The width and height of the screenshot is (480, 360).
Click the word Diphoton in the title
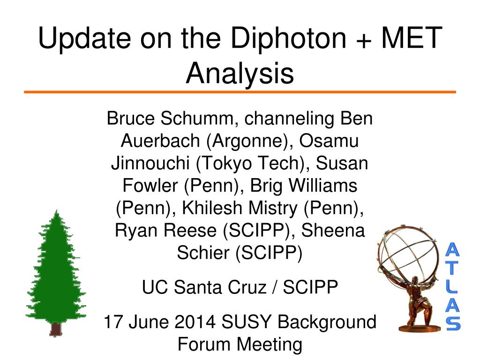click(x=288, y=38)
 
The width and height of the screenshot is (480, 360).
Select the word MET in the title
click(x=412, y=37)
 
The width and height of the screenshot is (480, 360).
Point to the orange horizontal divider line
click(x=240, y=92)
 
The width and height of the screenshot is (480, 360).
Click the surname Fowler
click(x=150, y=186)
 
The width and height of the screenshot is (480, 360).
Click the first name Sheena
click(x=333, y=230)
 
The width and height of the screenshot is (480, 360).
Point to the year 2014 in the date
click(x=195, y=322)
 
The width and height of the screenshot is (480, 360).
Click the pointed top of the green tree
click(x=57, y=211)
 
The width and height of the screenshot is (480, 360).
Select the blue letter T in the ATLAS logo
click(x=452, y=268)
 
